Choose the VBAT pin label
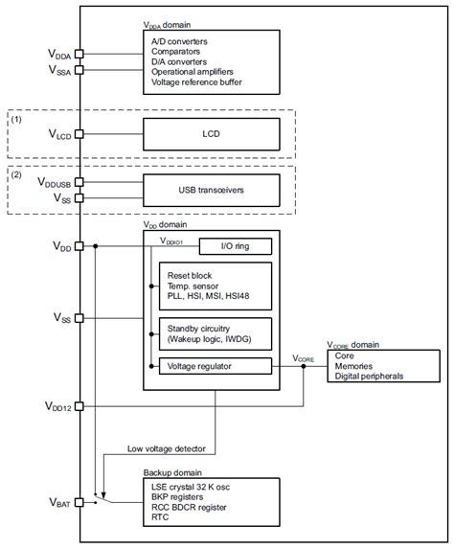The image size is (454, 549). (52, 502)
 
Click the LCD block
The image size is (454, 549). (211, 134)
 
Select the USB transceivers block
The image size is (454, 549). (211, 190)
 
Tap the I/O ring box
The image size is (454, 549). (233, 247)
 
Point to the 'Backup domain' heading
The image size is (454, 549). (173, 472)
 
